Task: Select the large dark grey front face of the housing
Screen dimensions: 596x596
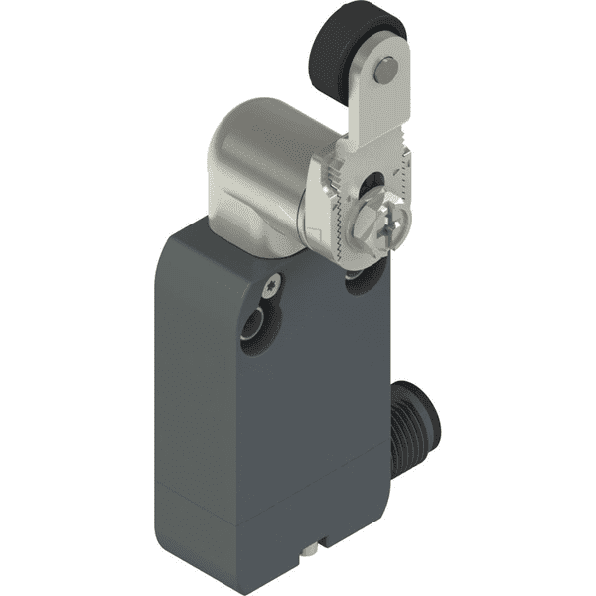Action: [x=268, y=417]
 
